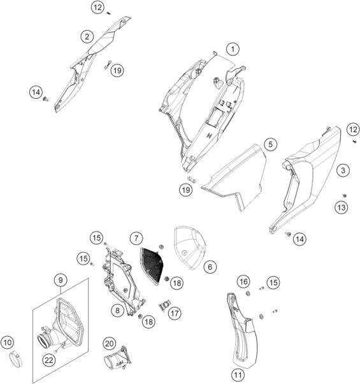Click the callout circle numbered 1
tap(233, 49)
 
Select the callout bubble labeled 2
tap(87, 37)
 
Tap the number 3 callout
tap(343, 170)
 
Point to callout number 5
tap(271, 144)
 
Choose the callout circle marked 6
tap(210, 267)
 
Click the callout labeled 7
tap(136, 238)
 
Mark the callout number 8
tap(117, 311)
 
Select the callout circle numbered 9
tap(61, 280)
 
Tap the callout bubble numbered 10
tap(8, 343)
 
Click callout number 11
tap(238, 374)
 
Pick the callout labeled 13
tap(341, 208)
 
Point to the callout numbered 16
tap(243, 282)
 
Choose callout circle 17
tap(175, 313)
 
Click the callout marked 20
tap(109, 344)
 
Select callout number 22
tap(49, 360)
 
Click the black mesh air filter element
tap(152, 266)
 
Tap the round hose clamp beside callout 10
tap(16, 359)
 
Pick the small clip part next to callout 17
tap(164, 306)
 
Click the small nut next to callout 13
tap(345, 195)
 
